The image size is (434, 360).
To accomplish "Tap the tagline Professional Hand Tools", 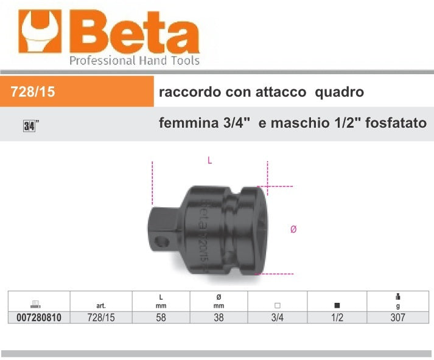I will [x=134, y=60].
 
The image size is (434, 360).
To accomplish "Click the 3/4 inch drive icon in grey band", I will [x=29, y=126].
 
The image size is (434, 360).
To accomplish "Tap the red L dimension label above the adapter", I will [x=209, y=161].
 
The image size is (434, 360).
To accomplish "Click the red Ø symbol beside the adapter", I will [x=293, y=229].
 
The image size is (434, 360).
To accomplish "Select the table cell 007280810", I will [x=35, y=317].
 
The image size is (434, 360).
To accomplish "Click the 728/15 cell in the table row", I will [x=101, y=317].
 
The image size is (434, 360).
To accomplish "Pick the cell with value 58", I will [x=160, y=317].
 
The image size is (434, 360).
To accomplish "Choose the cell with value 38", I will [x=219, y=317].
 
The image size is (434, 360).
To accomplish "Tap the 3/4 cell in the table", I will [x=278, y=317].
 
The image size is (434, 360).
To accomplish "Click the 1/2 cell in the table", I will [x=336, y=317].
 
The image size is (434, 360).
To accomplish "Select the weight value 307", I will [x=397, y=317].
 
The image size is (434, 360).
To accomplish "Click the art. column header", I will [x=101, y=306].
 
